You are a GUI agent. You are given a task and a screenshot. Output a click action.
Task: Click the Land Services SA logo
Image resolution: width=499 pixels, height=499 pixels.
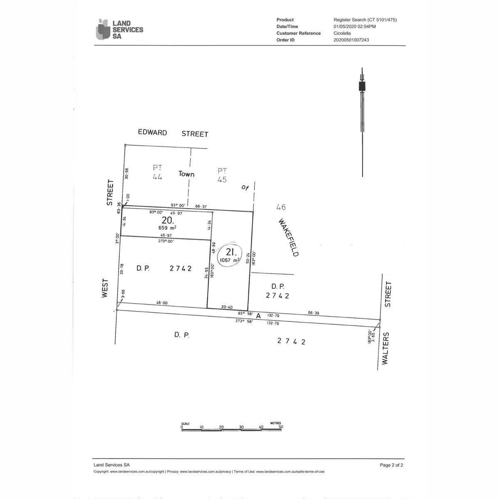click(119, 30)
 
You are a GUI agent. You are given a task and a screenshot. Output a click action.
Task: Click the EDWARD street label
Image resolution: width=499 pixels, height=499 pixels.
click(153, 132)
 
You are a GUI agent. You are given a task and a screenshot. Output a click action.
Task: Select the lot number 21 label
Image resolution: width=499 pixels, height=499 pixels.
click(231, 252)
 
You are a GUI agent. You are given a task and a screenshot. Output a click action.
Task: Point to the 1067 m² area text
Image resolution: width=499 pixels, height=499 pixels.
click(230, 260)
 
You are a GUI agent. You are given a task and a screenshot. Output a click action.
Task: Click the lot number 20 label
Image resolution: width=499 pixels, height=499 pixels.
click(168, 220)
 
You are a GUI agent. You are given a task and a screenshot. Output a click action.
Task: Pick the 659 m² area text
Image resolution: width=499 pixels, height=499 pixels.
click(167, 228)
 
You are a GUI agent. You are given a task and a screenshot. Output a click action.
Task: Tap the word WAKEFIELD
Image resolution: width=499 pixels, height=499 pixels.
click(288, 237)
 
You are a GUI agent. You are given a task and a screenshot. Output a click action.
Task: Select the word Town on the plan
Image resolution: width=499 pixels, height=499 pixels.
click(186, 174)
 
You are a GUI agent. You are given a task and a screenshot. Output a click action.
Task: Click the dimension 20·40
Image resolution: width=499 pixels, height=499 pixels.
click(227, 307)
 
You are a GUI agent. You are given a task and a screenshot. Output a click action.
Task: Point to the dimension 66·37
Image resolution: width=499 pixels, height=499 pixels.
click(201, 206)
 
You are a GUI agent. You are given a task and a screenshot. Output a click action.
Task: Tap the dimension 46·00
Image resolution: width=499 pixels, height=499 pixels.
click(162, 303)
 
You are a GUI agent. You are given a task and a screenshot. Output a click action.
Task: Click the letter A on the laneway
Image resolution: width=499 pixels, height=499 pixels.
click(258, 316)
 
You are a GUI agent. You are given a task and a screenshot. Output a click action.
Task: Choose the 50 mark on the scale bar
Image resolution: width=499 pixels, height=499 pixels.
click(281, 427)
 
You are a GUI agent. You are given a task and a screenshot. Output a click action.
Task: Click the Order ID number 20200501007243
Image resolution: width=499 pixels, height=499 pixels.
click(351, 40)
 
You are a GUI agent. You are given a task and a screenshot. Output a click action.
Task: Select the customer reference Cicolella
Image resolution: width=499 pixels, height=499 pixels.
click(342, 33)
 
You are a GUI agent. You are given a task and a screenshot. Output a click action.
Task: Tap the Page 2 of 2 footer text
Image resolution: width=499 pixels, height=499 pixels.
click(391, 465)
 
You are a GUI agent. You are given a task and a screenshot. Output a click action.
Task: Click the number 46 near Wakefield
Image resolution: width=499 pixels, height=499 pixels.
click(281, 207)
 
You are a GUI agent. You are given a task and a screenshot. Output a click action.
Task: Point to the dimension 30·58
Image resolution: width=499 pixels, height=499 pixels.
click(127, 173)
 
